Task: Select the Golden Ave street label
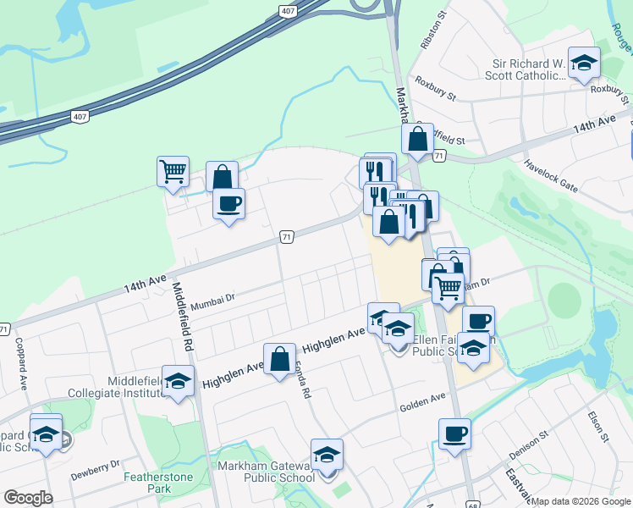tap(422, 398)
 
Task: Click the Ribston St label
tap(431, 32)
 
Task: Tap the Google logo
tap(28, 498)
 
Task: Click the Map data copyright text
tap(581, 501)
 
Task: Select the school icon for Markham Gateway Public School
tap(327, 455)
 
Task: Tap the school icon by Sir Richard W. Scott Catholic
tap(583, 63)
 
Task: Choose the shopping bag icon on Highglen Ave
tap(279, 360)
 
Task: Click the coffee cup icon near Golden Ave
tap(454, 433)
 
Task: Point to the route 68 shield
tap(472, 504)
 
